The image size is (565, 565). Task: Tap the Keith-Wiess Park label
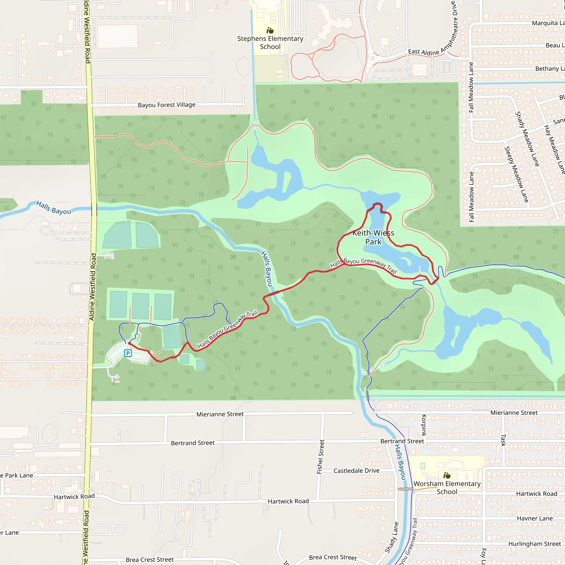[x=373, y=237]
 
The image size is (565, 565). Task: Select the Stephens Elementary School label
[x=270, y=43]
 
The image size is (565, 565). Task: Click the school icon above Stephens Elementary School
[x=270, y=30]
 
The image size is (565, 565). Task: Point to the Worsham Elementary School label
[x=447, y=487]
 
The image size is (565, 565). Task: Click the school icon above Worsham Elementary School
[x=447, y=475]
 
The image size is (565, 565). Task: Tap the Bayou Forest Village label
[x=166, y=105]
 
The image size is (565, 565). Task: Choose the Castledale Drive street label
[x=356, y=471]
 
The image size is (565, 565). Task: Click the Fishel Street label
[x=321, y=457]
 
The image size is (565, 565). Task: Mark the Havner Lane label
[x=535, y=518]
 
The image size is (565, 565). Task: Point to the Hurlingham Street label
[x=535, y=544]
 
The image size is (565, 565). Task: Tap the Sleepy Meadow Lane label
[x=516, y=175]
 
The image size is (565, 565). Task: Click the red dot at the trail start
[x=129, y=343]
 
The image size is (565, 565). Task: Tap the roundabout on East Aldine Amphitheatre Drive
[x=372, y=58]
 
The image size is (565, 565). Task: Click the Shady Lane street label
[x=391, y=537]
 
